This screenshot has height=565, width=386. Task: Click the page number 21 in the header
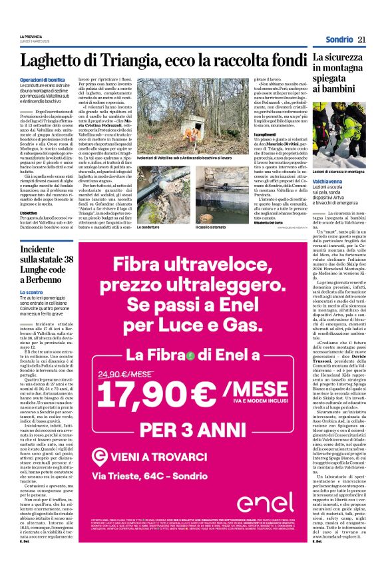pos(362,40)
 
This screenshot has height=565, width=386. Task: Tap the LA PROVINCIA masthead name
pos(31,36)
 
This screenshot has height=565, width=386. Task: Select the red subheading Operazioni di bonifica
pos(42,80)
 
